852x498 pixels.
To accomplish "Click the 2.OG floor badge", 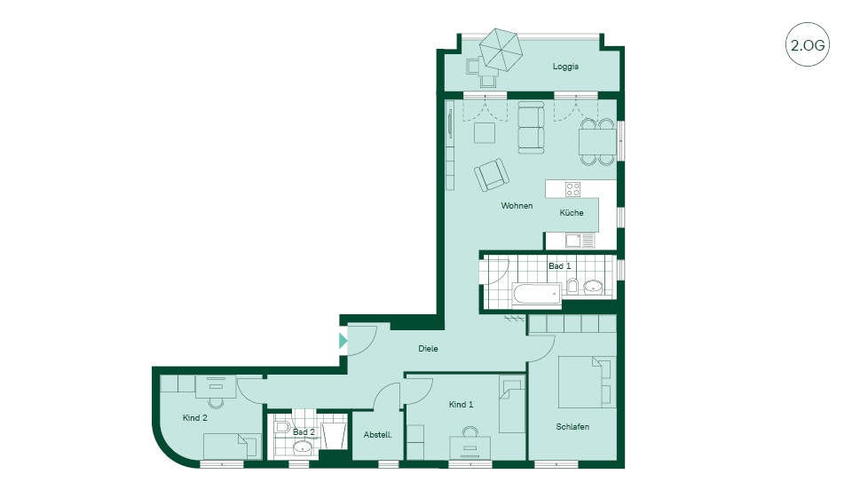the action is pyautogui.click(x=808, y=44).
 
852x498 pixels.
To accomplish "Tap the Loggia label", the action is pyautogui.click(x=565, y=67).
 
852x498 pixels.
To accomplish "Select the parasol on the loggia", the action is pyautogui.click(x=501, y=49).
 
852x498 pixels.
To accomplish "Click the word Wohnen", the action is pyautogui.click(x=517, y=206).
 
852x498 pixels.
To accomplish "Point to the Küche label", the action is pyautogui.click(x=572, y=212).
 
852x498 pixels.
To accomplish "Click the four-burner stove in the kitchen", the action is pyautogui.click(x=572, y=189).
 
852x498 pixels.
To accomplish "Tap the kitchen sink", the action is pyautogui.click(x=573, y=240).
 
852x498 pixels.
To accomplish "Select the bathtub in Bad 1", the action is pyautogui.click(x=536, y=296).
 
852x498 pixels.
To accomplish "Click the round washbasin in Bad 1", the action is pyautogui.click(x=594, y=287).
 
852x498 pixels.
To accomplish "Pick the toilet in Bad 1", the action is pyautogui.click(x=572, y=286).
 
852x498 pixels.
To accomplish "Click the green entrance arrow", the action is pyautogui.click(x=343, y=341).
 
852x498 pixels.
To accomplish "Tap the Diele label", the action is pyautogui.click(x=428, y=349).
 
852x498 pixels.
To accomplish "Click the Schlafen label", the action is pyautogui.click(x=572, y=427).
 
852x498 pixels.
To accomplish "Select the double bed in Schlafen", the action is pyautogui.click(x=587, y=383).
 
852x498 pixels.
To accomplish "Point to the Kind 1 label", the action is pyautogui.click(x=461, y=405).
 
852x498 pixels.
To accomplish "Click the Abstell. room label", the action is pyautogui.click(x=378, y=435).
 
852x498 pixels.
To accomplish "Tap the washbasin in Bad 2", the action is pyautogui.click(x=302, y=447).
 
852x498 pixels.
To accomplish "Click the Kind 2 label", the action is pyautogui.click(x=194, y=418).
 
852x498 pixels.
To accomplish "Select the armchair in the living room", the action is pyautogui.click(x=491, y=175).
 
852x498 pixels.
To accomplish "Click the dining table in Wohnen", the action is pyautogui.click(x=597, y=142).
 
